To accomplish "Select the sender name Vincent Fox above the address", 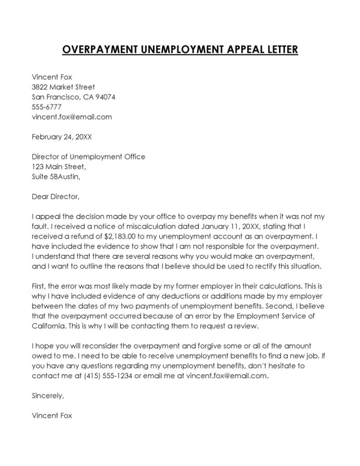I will pos(52,77).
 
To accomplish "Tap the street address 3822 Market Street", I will pos(63,87).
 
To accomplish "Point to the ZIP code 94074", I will pos(105,97).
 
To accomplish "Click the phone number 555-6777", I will pos(46,107).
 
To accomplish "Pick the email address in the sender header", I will pos(71,117).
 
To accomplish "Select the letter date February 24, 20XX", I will pos(61,137).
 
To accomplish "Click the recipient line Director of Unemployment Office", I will pos(88,157).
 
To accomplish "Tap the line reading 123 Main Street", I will pos(58,167).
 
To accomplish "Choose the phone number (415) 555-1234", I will pos(108,376).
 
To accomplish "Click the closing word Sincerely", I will pos(48,396).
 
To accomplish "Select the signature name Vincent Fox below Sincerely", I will pos(52,416).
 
